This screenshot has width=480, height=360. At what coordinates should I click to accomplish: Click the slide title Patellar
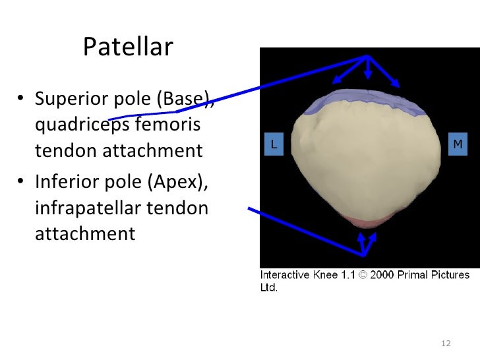coord(128,47)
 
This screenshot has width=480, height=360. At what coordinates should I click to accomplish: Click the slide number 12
coord(445,344)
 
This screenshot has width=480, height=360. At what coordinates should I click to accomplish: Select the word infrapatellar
coord(86,208)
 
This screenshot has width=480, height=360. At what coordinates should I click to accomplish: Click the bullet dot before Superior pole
coord(21,101)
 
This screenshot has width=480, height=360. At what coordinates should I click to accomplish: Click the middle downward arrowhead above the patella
coord(368,75)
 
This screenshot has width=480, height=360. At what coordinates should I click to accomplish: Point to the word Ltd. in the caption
coord(268,287)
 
